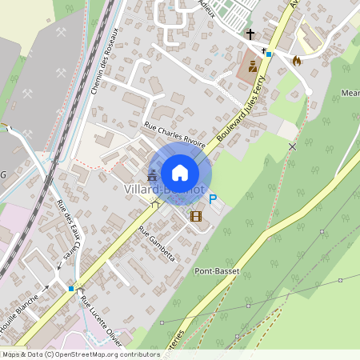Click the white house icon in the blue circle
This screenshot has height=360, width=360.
[180, 172]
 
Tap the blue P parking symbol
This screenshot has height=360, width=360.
[213, 199]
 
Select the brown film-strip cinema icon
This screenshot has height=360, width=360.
[196, 214]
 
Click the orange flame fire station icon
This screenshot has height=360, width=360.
[297, 60]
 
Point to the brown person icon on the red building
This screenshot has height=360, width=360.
[252, 67]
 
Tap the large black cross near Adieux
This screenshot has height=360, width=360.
[250, 34]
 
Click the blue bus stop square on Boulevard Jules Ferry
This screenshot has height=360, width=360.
[270, 54]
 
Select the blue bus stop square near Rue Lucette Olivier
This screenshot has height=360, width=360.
[71, 288]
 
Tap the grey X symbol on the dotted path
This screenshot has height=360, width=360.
[293, 146]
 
